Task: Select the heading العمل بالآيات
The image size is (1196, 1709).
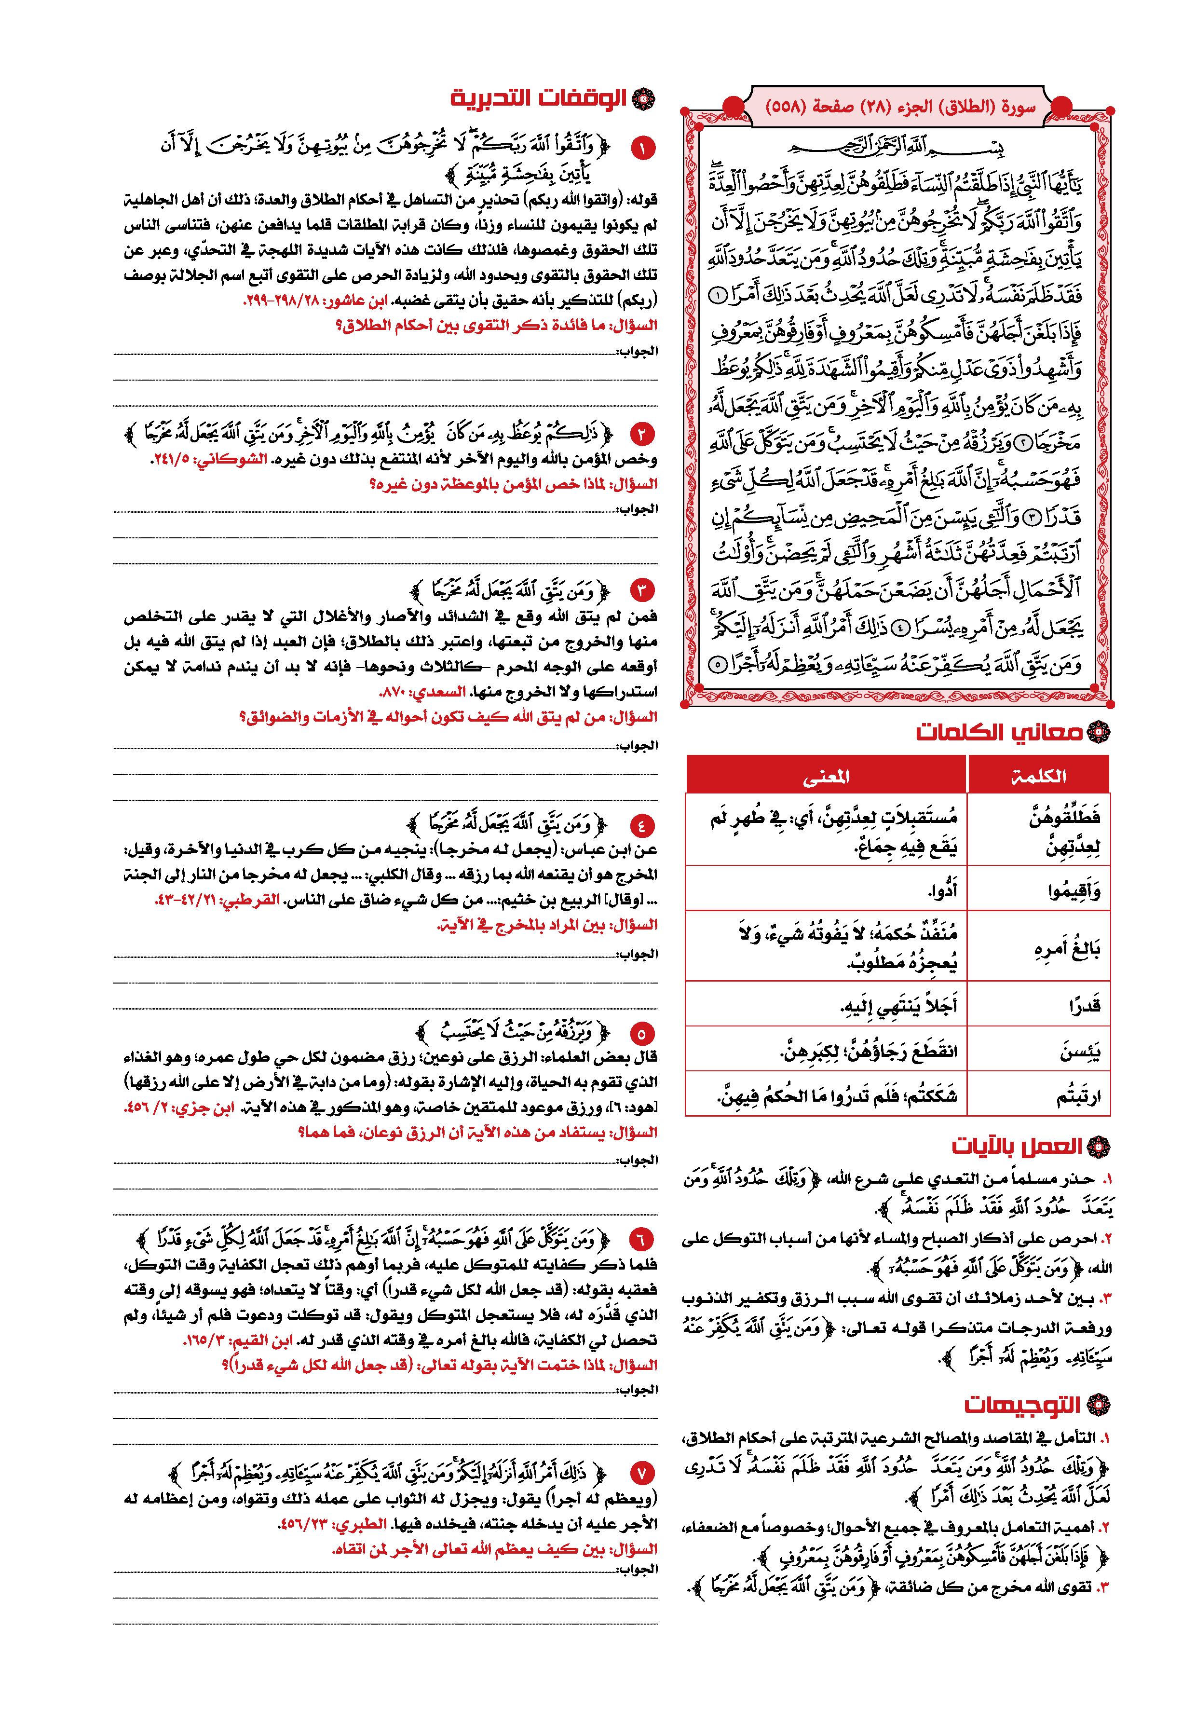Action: point(1017,1146)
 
